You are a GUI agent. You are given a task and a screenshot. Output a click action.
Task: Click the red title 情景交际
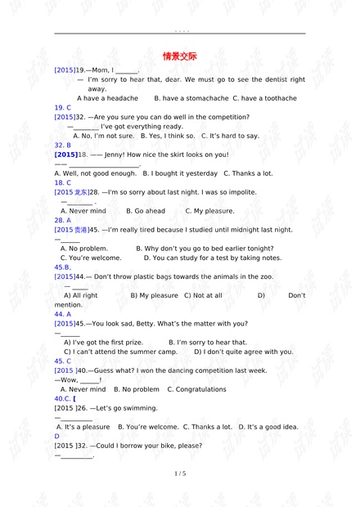[x=180, y=56]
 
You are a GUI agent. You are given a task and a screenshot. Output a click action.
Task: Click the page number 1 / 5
[x=180, y=473]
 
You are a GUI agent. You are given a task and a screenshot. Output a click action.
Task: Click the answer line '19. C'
[x=63, y=108]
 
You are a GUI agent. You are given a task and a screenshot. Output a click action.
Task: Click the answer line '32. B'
[x=63, y=145]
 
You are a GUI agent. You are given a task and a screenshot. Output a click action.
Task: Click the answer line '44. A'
[x=63, y=314]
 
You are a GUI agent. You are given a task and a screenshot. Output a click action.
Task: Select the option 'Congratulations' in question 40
[x=201, y=389]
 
